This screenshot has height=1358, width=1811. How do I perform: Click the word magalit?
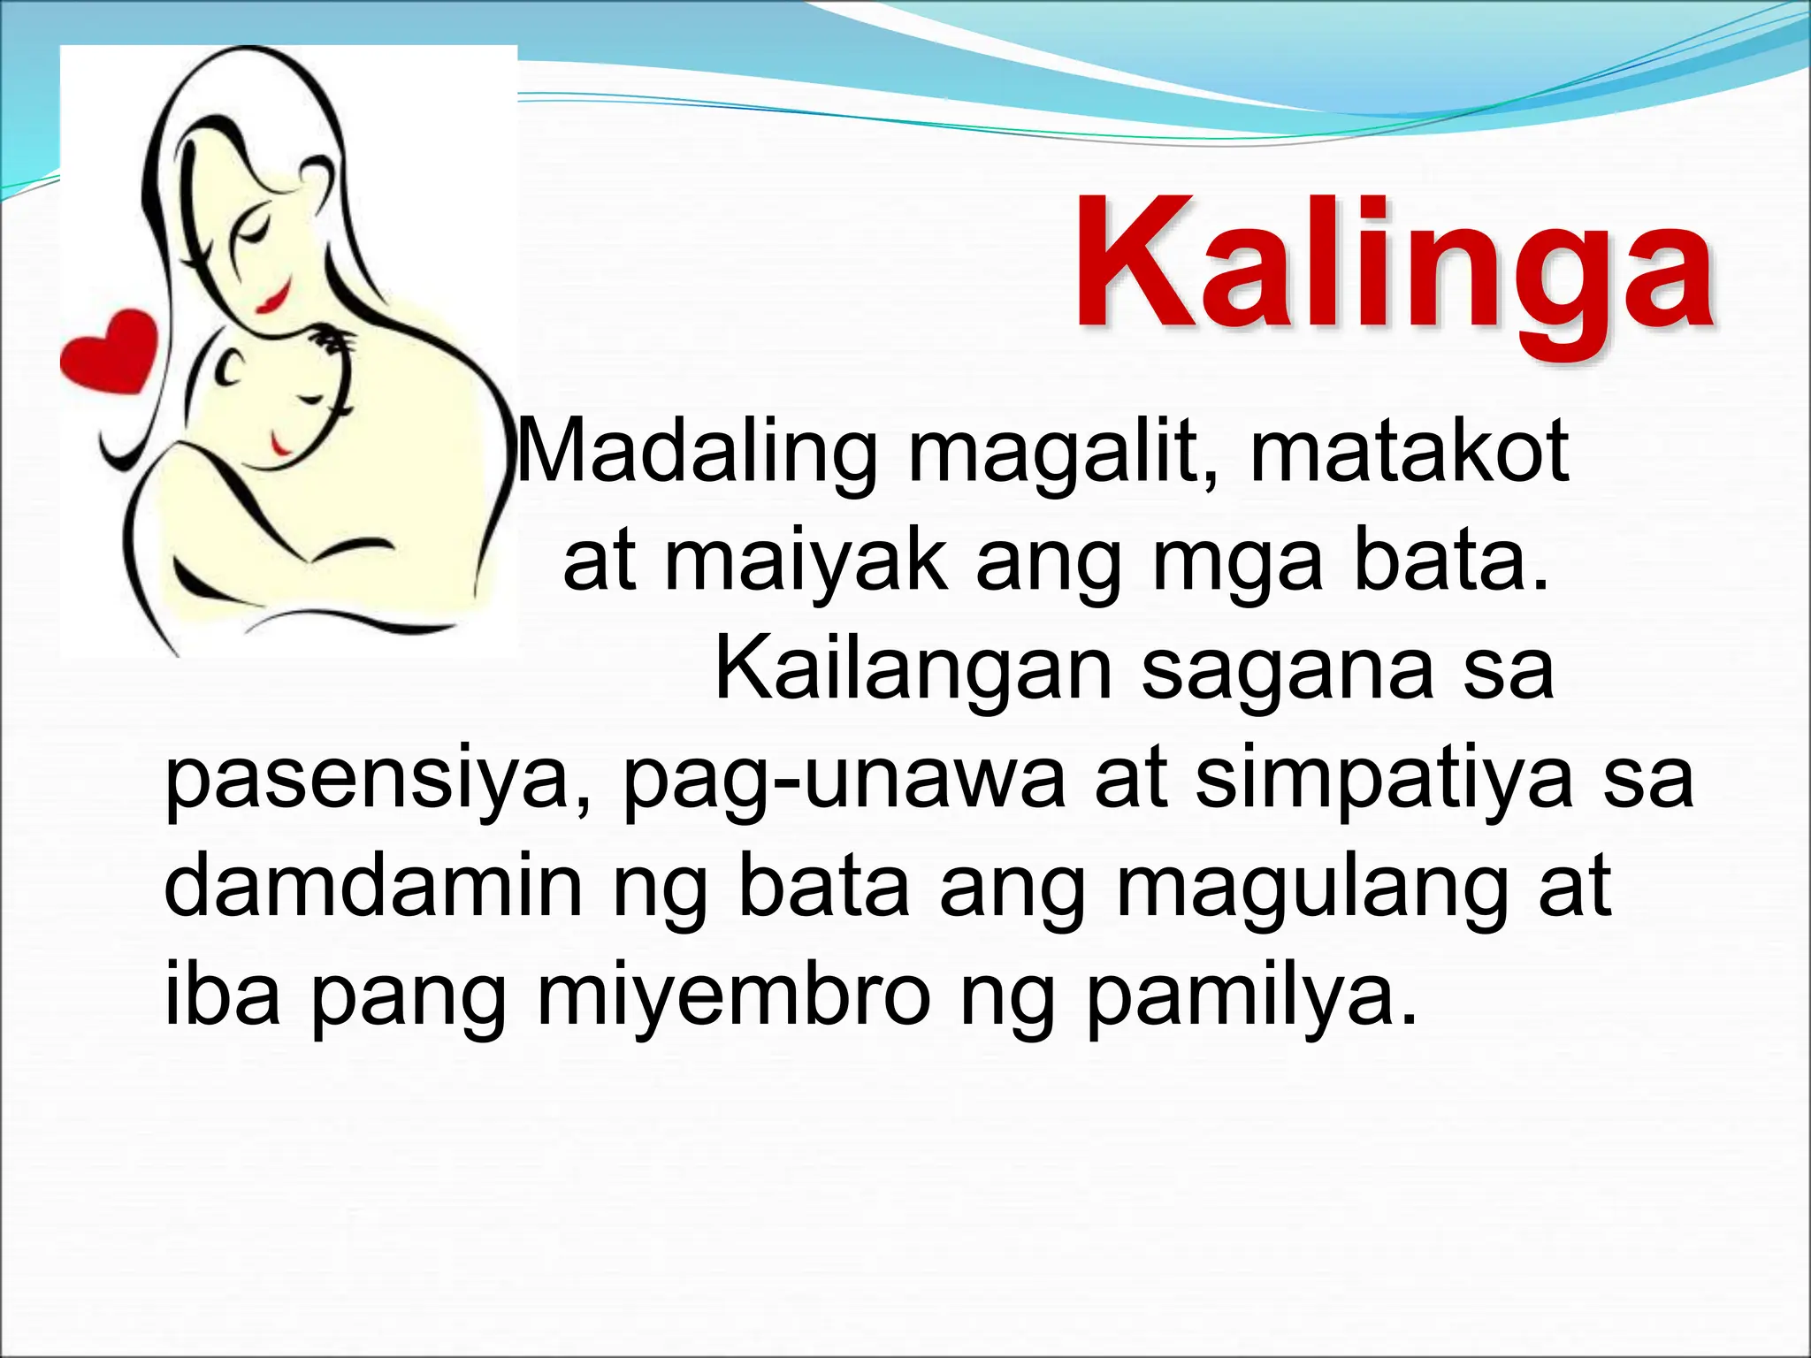1066,456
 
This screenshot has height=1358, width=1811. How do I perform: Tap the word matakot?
1410,451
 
